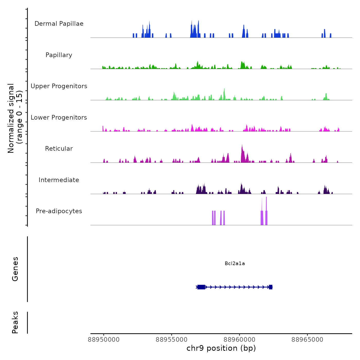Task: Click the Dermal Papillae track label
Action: click(59, 24)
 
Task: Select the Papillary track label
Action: click(59, 55)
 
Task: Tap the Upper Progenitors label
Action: click(59, 86)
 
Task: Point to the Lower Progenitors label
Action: click(59, 118)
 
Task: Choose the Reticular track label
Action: click(59, 149)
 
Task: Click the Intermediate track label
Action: click(59, 180)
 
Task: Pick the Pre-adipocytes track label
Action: click(59, 211)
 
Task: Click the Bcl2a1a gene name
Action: click(235, 263)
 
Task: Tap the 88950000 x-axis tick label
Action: click(104, 340)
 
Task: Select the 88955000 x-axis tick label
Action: click(172, 340)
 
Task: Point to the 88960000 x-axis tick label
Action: click(239, 340)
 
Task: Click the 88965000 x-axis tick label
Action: click(307, 340)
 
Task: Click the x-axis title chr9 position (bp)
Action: click(221, 348)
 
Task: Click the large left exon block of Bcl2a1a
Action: click(201, 287)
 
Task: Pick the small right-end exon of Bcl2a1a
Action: click(271, 287)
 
